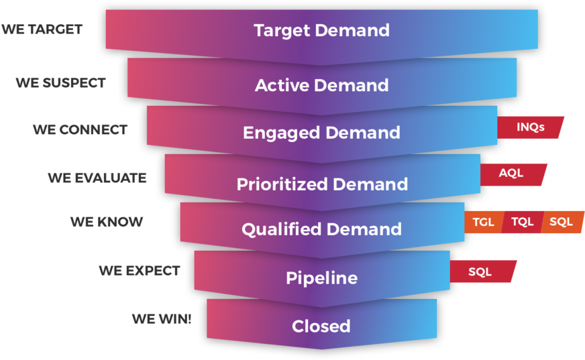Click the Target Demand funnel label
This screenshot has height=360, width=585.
[321, 30]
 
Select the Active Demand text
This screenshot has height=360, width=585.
[321, 85]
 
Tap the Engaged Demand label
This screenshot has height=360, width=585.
[321, 132]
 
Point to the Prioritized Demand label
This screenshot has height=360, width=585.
[322, 184]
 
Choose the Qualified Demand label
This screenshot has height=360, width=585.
[321, 229]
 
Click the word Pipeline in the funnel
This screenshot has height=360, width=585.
[321, 278]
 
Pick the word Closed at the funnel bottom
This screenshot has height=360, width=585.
[321, 326]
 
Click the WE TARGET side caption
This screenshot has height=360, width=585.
[42, 29]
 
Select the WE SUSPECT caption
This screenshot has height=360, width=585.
[61, 83]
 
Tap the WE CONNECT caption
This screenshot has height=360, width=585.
[80, 130]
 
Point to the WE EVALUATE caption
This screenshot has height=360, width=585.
[97, 178]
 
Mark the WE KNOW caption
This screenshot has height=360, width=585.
[107, 222]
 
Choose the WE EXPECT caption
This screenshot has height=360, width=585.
[140, 271]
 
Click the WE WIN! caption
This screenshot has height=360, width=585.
[161, 319]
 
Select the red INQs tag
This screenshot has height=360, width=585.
[530, 127]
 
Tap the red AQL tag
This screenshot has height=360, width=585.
[511, 174]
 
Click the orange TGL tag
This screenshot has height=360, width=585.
[483, 222]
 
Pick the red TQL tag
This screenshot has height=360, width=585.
[522, 222]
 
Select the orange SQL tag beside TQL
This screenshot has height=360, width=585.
[562, 222]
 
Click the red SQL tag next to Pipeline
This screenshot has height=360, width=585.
[480, 272]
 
